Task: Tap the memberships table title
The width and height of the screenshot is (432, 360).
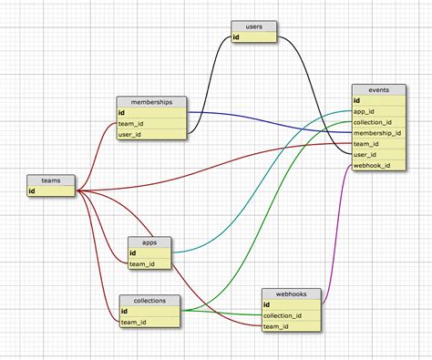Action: (151, 102)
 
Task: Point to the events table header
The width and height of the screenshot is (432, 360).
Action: (379, 91)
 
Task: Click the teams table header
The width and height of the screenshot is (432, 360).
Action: (51, 180)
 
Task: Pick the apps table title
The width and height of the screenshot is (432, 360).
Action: (149, 242)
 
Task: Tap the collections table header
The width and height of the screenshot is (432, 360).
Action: (149, 300)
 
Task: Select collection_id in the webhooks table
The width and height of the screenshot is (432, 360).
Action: (290, 316)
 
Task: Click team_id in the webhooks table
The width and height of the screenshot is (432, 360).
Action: (290, 326)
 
